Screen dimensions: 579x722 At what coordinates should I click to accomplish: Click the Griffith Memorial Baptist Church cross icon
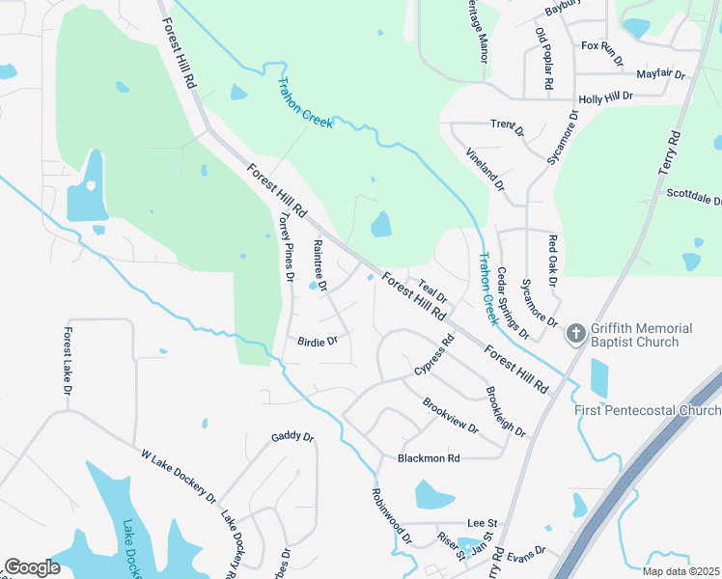tap(575, 334)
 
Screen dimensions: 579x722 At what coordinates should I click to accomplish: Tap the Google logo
tap(32, 567)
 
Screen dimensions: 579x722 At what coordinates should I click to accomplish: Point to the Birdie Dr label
tap(317, 342)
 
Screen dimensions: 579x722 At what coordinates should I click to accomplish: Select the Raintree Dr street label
tap(320, 266)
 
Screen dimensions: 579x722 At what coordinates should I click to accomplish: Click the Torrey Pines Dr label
tap(286, 248)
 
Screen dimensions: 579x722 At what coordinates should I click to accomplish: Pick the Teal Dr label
tap(432, 291)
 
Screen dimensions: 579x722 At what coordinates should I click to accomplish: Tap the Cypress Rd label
tap(434, 356)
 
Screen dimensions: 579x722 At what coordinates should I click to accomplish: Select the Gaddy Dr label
tap(293, 437)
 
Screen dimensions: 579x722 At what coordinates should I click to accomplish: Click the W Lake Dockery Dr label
tap(178, 475)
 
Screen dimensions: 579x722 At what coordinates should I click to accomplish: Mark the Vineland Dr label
tap(486, 168)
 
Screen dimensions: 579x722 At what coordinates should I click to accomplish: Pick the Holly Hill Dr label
tap(605, 97)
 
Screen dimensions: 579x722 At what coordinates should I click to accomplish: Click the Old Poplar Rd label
tap(543, 60)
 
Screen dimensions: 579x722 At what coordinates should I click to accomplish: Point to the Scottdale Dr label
tap(694, 197)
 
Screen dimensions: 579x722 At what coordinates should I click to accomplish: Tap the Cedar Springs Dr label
tap(513, 303)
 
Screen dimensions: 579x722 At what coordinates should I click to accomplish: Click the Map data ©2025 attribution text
tap(680, 571)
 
